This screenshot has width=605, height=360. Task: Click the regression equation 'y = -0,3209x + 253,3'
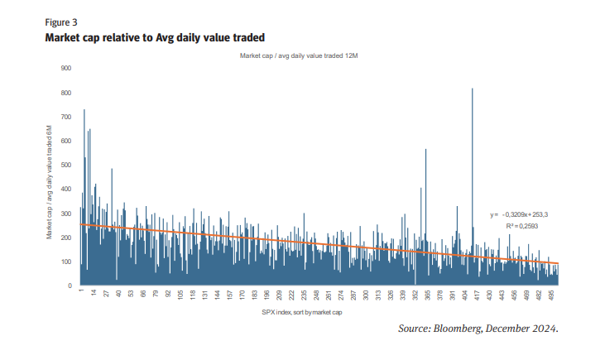click(x=519, y=214)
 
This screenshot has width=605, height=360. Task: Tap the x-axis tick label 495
click(x=552, y=295)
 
